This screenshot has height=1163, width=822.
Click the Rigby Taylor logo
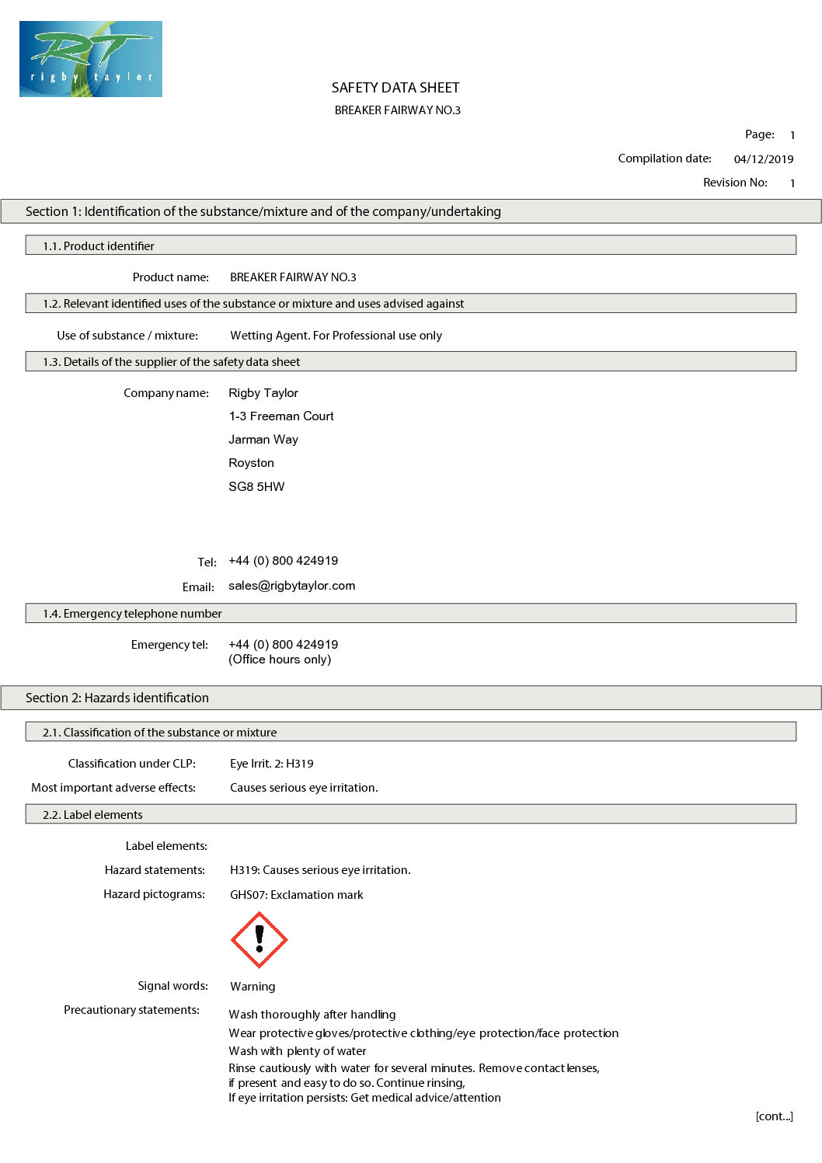pos(91,59)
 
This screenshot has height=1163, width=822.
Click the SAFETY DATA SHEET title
pos(395,88)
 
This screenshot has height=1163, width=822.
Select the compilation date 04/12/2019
pos(763,159)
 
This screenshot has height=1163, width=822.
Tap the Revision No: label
pos(735,183)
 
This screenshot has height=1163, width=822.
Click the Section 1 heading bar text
pos(263,211)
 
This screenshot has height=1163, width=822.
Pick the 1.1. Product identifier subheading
pos(99,246)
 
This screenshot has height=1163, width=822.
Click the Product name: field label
pos(170,277)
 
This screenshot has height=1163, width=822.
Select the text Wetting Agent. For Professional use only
pos(336,336)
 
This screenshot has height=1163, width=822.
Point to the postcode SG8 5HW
pos(256,487)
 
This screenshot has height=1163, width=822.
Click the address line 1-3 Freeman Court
pos(281,416)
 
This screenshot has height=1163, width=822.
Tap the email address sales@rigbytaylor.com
pos(291,586)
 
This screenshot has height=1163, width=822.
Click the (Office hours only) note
pos(280,660)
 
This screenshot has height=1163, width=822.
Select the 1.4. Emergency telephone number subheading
pos(132,614)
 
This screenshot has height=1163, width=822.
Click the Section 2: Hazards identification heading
pos(117,698)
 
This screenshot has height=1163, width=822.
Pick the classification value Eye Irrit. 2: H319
pos(272,764)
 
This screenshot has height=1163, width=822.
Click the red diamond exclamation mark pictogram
pos(259,940)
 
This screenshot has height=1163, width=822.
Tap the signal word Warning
pos(253,987)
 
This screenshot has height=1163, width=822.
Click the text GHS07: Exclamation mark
pos(296,895)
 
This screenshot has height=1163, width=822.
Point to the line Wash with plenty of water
pos(298,1051)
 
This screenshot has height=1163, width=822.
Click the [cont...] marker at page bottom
pos(774,1116)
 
